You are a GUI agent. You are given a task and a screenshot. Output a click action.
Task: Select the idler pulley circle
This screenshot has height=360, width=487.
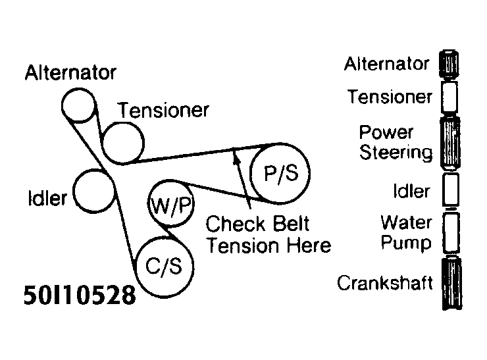[93, 190]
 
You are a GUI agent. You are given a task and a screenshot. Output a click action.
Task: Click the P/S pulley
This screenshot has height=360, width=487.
[280, 173]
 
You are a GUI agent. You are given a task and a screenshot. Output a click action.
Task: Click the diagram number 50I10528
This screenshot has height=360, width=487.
[79, 294]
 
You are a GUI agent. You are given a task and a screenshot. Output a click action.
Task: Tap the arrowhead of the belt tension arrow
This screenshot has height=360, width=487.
[234, 155]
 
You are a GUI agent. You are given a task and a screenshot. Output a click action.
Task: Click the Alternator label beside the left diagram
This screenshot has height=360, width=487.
[70, 72]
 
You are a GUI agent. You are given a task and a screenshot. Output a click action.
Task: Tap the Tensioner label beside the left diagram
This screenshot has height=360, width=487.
[163, 109]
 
